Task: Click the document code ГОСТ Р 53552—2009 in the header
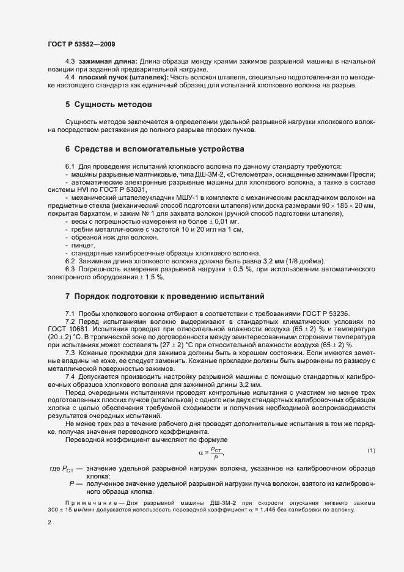(81, 45)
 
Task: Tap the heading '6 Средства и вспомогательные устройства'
(154, 149)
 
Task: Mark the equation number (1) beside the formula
(371, 452)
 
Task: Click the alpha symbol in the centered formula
(201, 453)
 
